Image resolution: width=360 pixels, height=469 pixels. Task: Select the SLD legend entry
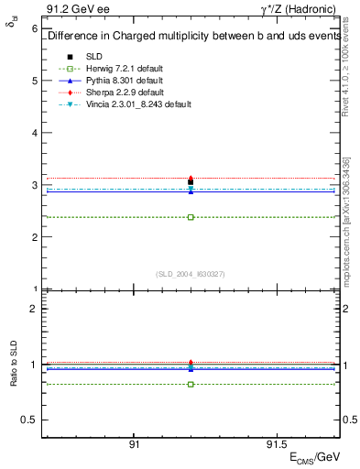(94, 57)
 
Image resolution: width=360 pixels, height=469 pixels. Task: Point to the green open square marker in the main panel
(191, 217)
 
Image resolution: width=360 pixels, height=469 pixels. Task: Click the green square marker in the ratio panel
(191, 384)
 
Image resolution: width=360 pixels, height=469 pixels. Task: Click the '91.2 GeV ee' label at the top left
(72, 10)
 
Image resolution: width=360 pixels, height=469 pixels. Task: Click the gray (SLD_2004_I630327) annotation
(191, 274)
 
